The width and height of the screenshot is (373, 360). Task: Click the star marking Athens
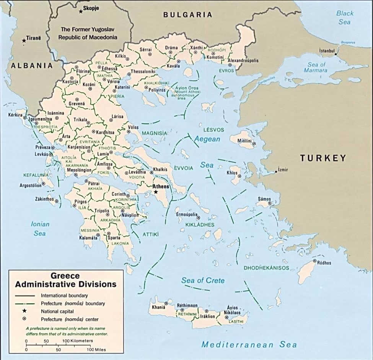[156, 192]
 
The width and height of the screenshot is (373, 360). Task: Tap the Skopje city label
[91, 8]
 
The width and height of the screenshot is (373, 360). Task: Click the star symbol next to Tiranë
[24, 40]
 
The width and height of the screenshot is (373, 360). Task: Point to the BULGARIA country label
[187, 15]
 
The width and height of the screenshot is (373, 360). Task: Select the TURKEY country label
[323, 158]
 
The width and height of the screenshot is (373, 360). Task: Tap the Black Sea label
[345, 18]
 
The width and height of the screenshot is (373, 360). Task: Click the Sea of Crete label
[203, 281]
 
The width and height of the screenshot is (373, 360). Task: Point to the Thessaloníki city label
[143, 71]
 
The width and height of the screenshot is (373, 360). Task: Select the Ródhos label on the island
[324, 263]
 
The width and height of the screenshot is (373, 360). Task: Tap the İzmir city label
[283, 169]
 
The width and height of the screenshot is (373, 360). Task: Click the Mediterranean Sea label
[249, 345]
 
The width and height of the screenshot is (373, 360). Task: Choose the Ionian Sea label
[40, 229]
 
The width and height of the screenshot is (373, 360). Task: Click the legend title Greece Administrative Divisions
[65, 280]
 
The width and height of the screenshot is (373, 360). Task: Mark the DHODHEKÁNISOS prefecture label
[266, 268]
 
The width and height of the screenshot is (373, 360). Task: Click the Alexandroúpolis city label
[243, 60]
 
